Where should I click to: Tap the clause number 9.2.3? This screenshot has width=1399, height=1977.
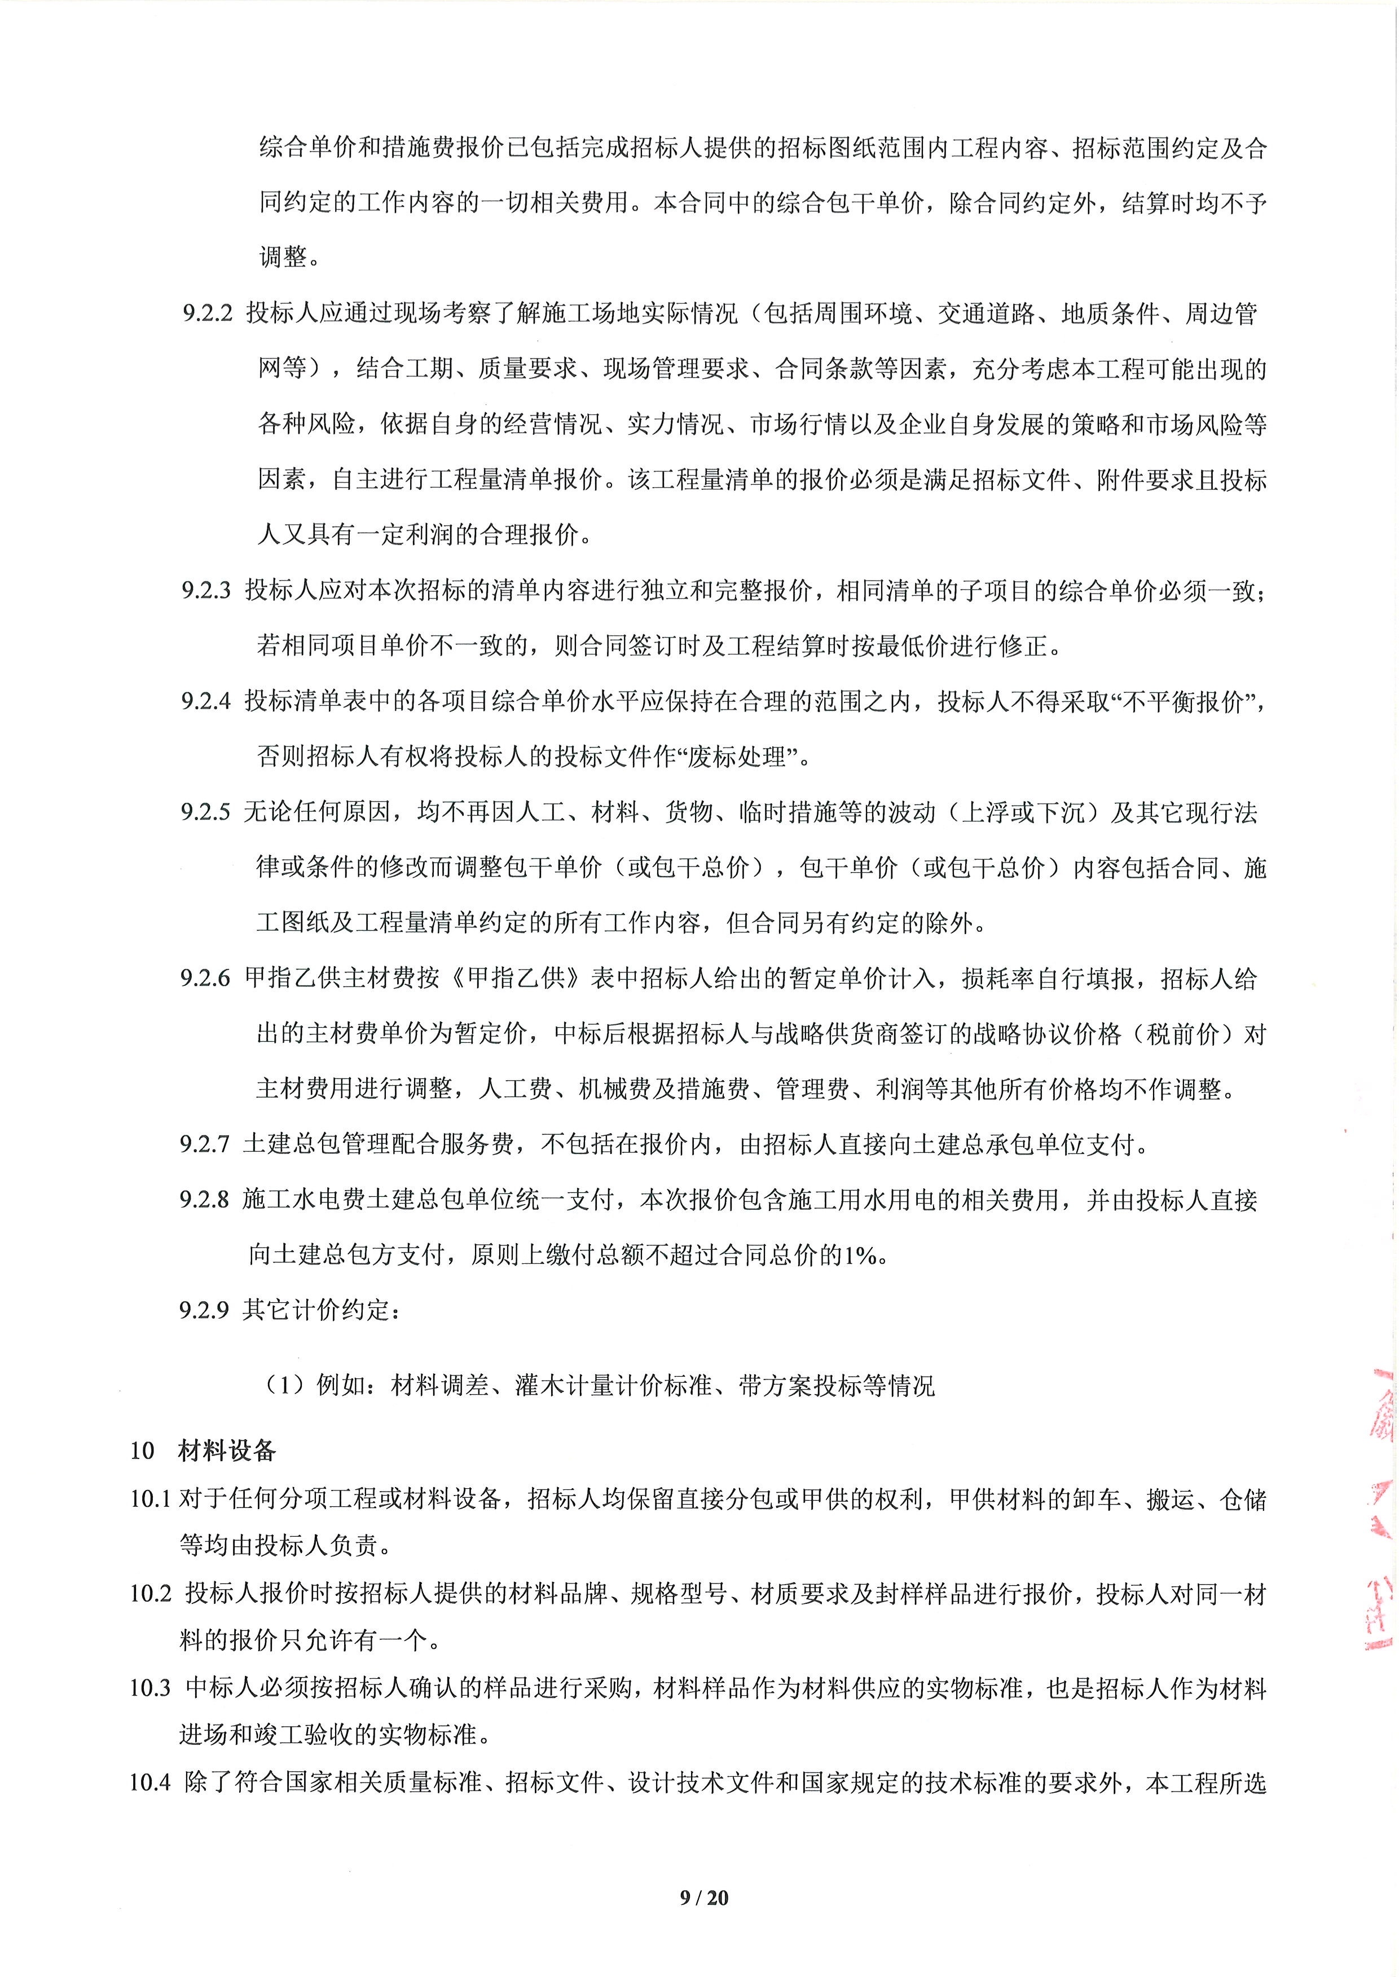coord(207,591)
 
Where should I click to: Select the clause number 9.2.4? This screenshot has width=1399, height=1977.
coord(207,702)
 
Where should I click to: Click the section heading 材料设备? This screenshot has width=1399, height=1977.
coord(227,1451)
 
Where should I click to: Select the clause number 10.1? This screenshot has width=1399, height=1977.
coord(151,1499)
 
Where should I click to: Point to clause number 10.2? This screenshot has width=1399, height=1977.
coord(151,1594)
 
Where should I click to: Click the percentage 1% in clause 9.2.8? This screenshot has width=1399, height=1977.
coord(861,1255)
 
